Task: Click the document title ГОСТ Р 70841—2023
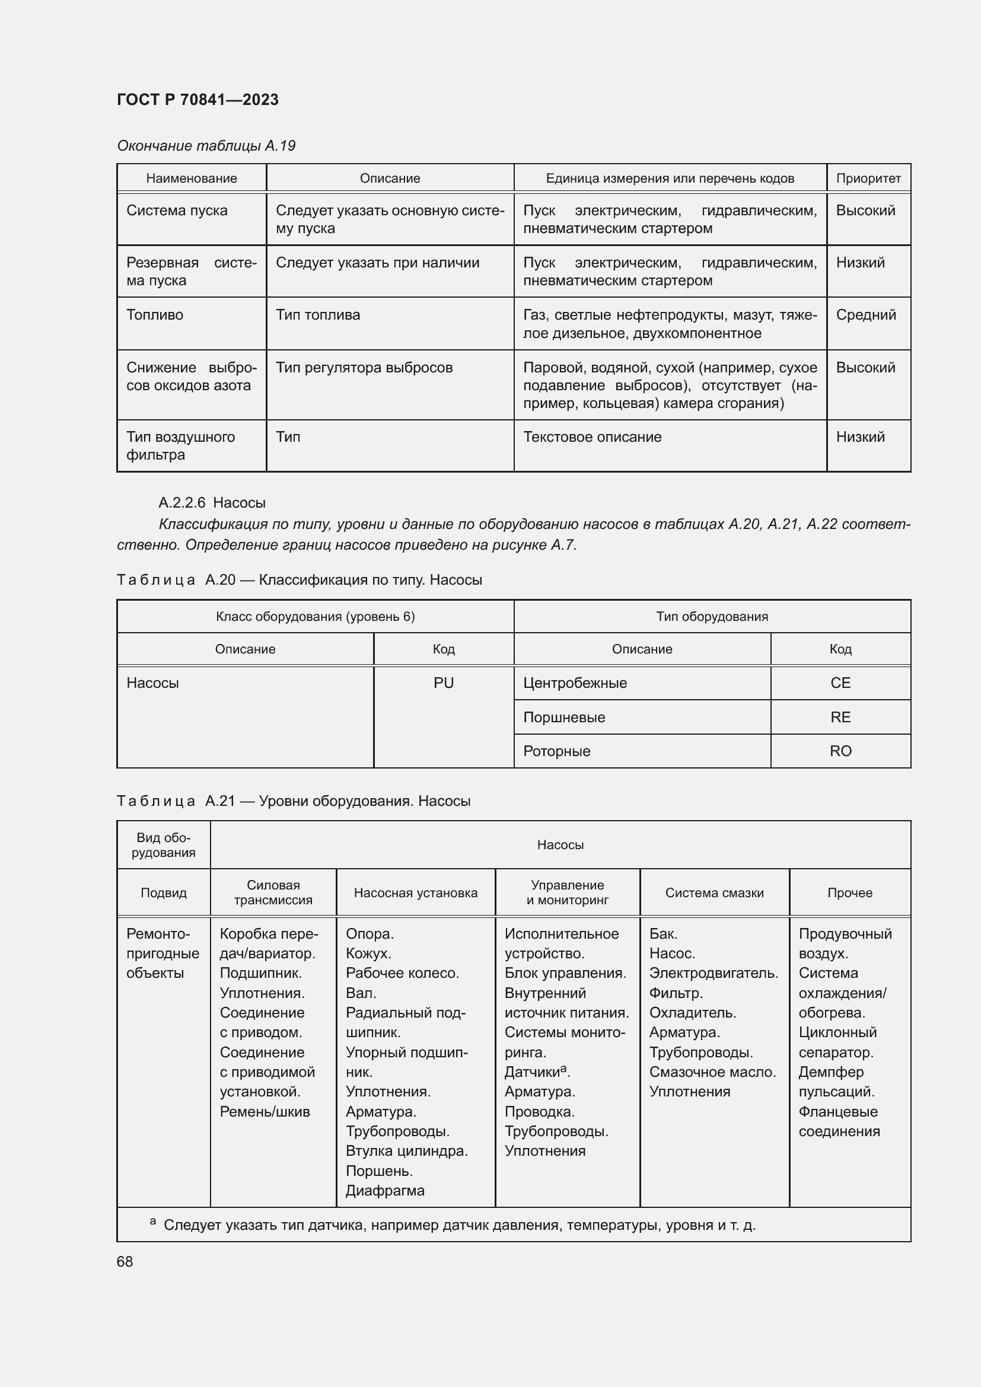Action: [198, 100]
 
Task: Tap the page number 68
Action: [125, 1261]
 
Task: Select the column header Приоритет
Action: [868, 178]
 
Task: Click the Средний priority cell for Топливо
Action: [865, 315]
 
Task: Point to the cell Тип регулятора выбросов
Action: [364, 367]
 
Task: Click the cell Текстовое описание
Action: [592, 437]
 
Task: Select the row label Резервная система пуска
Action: [191, 271]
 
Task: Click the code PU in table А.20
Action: [444, 683]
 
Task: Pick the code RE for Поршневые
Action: [840, 717]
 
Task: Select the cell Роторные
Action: [556, 751]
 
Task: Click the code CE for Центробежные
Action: [840, 683]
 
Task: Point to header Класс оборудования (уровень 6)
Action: [315, 616]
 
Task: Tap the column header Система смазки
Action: [714, 892]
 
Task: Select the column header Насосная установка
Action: [415, 892]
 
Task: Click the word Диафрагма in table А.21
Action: [385, 1190]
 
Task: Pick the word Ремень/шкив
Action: [265, 1111]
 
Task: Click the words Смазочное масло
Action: [712, 1072]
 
